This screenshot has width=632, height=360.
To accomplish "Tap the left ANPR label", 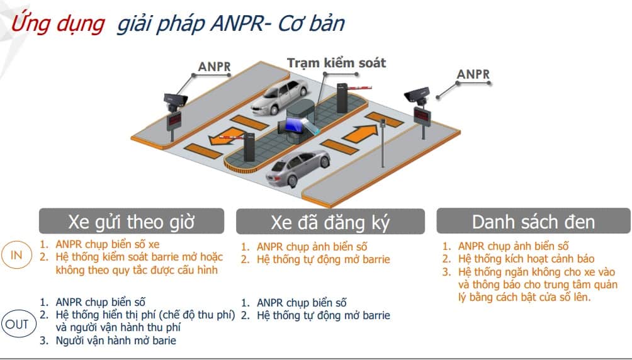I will coord(215,67).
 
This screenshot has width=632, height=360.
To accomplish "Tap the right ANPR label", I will coord(473,74).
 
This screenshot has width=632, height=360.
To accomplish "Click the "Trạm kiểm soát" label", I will coord(336,63).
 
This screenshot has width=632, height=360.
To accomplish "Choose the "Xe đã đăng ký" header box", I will coord(331,222).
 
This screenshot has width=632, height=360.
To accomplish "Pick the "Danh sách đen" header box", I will coord(533,222).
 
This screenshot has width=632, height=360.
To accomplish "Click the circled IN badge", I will coord(16,255).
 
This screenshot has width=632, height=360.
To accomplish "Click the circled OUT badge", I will coord(16,325).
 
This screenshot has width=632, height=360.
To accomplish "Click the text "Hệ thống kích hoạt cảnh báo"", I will coord(526,259).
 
